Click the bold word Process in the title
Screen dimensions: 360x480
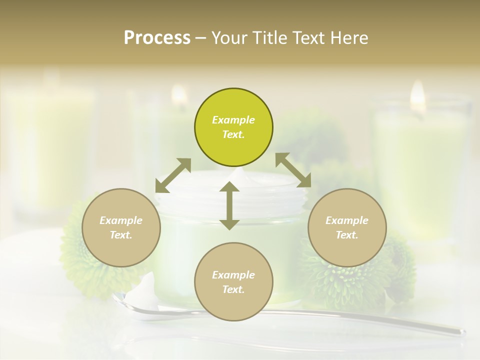[157, 38]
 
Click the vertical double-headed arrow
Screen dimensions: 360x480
[229, 206]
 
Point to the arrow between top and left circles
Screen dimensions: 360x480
[173, 175]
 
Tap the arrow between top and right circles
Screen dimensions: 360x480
[293, 170]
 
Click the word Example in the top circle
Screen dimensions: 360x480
[233, 120]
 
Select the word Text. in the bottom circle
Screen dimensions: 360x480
[233, 289]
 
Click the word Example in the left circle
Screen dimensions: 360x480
[121, 220]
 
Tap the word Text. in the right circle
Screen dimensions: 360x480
[347, 235]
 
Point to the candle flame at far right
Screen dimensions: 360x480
[417, 94]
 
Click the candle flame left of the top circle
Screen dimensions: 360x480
[179, 94]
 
